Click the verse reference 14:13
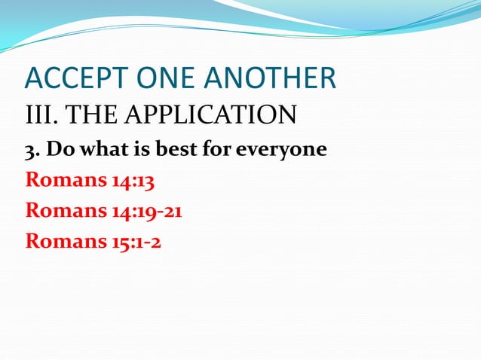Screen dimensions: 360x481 136,181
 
